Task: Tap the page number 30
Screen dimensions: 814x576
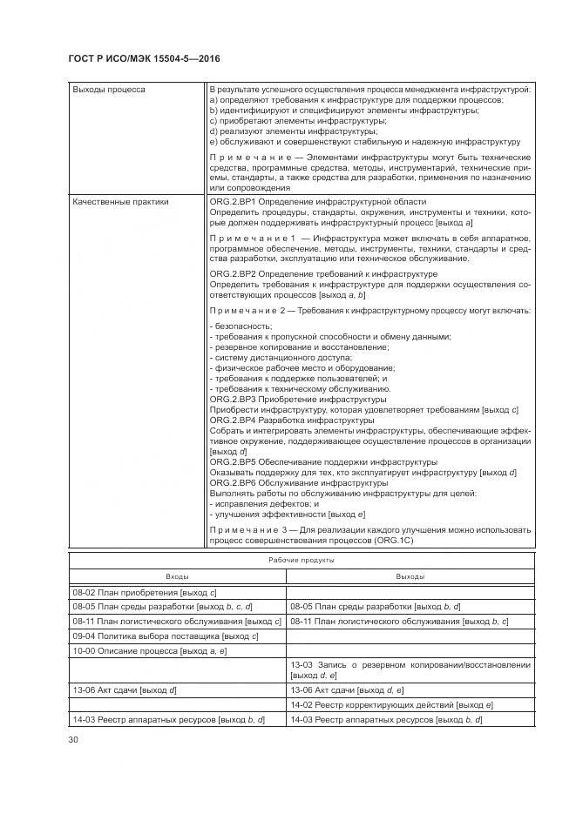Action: pyautogui.click(x=74, y=740)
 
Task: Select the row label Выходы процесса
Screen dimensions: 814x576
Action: pyautogui.click(x=109, y=89)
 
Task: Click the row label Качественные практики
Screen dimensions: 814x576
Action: pyautogui.click(x=120, y=201)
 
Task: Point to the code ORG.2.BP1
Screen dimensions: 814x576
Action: pyautogui.click(x=233, y=201)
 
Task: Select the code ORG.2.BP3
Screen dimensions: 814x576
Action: pyautogui.click(x=233, y=399)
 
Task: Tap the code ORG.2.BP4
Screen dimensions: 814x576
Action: pyautogui.click(x=233, y=420)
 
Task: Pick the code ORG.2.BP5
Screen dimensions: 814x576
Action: pyautogui.click(x=233, y=461)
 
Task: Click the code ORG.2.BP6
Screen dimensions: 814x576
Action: pyautogui.click(x=233, y=482)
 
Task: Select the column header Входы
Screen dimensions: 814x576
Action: pyautogui.click(x=177, y=576)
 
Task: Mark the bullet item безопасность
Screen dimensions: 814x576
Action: pyautogui.click(x=237, y=326)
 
